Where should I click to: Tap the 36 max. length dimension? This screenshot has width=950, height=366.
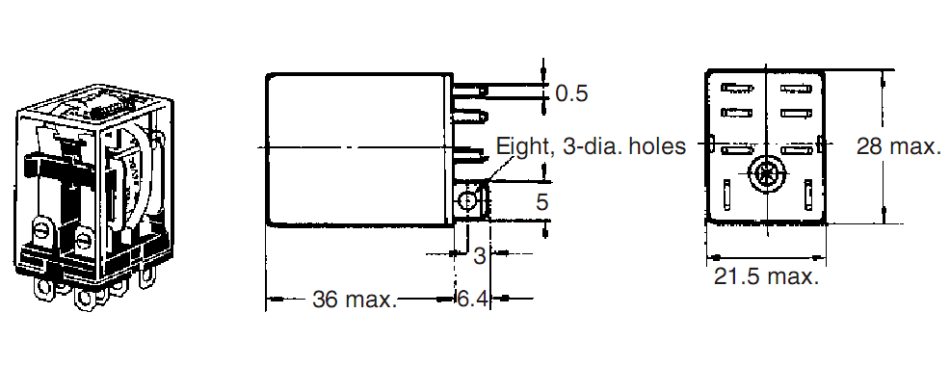(x=355, y=299)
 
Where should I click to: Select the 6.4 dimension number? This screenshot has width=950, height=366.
(x=472, y=299)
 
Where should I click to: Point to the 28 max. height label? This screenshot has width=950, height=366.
(x=899, y=146)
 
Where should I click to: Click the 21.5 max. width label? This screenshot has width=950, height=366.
(x=766, y=276)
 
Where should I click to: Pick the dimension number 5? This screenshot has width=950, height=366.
(x=541, y=202)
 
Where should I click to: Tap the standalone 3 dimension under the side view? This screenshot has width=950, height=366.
(x=480, y=256)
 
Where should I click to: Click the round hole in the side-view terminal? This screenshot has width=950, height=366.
(x=466, y=201)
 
